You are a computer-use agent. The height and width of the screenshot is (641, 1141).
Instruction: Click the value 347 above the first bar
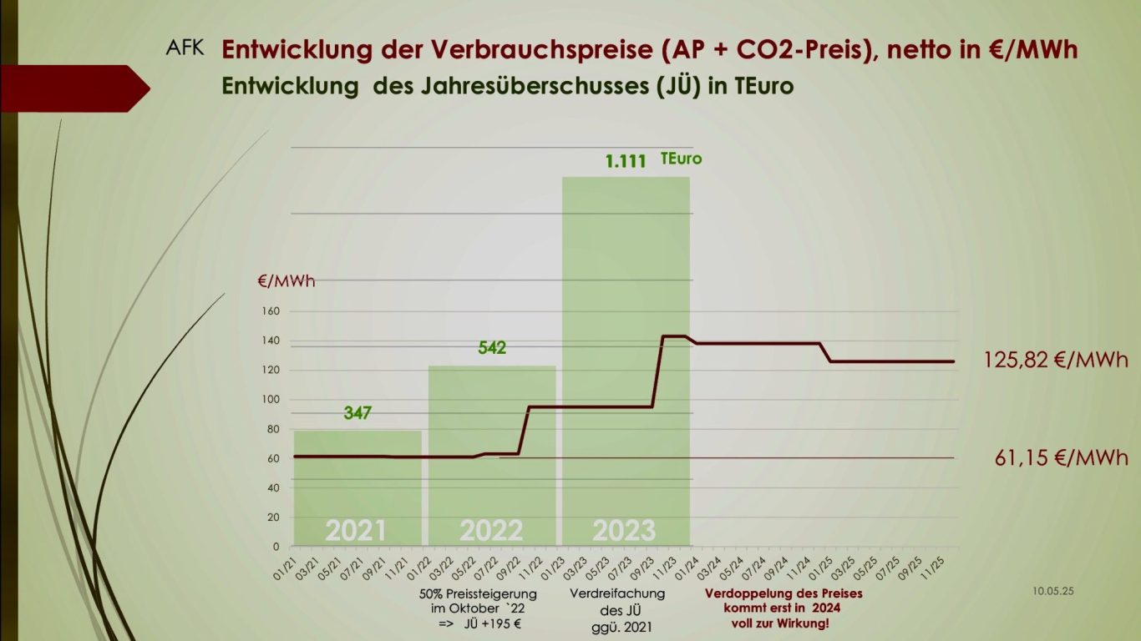358,412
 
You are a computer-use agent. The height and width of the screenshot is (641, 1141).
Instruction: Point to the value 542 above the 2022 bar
492,347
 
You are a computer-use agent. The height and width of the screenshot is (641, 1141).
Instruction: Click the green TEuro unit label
681,158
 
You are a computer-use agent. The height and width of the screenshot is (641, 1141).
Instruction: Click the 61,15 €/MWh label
1062,457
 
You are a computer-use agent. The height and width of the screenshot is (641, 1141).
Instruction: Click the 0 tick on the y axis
276,547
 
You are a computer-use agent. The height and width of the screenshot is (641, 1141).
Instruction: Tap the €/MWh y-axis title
287,281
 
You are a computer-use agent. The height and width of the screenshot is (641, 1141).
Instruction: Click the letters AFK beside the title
185,47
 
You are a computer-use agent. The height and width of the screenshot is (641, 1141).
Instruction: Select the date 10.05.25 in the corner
1052,591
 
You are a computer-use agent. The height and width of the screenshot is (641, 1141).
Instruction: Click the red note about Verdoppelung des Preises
783,608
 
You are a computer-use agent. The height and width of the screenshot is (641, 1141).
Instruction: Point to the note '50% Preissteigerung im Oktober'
478,608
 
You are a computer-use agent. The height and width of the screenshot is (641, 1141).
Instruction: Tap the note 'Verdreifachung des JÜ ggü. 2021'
617,608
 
